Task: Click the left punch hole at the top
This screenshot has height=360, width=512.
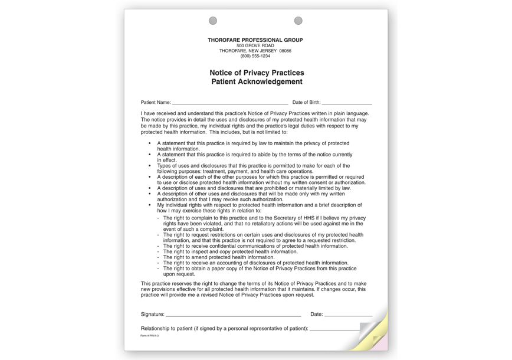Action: click(213, 21)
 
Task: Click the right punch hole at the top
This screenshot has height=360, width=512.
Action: click(298, 21)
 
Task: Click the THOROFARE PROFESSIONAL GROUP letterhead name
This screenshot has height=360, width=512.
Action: click(255, 40)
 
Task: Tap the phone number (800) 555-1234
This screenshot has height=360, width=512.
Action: click(255, 56)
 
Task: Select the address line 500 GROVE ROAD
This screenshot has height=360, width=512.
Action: click(255, 45)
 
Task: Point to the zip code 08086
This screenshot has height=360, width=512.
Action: click(285, 51)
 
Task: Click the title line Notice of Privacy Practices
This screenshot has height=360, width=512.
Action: click(257, 73)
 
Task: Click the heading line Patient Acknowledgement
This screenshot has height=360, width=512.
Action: click(257, 81)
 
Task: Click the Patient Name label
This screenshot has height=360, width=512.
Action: click(156, 103)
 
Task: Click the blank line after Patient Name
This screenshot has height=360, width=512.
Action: click(230, 103)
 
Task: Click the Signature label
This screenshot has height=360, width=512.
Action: click(153, 315)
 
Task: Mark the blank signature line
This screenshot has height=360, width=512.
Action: click(234, 316)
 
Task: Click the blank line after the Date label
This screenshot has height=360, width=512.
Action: click(348, 316)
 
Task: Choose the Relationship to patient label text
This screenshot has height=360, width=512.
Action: click(224, 328)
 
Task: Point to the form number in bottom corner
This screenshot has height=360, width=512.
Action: click(150, 336)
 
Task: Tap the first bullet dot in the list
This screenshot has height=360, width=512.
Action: click(150, 143)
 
